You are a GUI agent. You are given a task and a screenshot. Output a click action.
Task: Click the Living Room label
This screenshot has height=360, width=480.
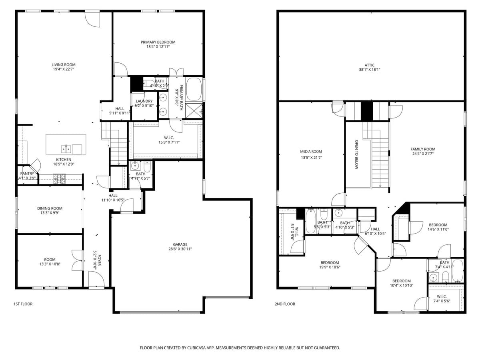click(63, 65)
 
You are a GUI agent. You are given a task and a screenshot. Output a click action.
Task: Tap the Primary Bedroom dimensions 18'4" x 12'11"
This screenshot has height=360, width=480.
click(158, 47)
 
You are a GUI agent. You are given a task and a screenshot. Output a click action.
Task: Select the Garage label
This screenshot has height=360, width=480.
click(180, 244)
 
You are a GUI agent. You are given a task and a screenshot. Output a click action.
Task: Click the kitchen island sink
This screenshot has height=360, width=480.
click(66, 149)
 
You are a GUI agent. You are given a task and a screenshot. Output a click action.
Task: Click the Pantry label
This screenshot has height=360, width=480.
click(27, 174)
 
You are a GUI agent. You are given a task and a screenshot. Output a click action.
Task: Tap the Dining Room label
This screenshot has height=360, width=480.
click(50, 208)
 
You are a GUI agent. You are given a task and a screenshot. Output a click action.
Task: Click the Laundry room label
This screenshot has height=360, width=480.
click(144, 101)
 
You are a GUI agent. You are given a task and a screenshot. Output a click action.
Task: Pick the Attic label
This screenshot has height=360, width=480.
click(370, 65)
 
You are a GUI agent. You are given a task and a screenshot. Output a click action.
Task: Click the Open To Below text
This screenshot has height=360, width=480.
click(356, 154)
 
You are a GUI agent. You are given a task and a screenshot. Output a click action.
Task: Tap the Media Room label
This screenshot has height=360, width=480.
click(311, 152)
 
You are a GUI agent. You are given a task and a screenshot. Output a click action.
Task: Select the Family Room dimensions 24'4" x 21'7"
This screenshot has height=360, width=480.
click(423, 154)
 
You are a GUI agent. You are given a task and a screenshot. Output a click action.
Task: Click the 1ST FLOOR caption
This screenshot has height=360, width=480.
click(23, 304)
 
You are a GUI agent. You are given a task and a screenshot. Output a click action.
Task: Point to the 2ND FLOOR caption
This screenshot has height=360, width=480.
click(285, 304)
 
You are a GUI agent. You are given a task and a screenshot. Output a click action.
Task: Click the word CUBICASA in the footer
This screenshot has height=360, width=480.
click(198, 348)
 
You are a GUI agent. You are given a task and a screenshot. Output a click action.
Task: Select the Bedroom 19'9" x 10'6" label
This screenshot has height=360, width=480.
click(330, 263)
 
